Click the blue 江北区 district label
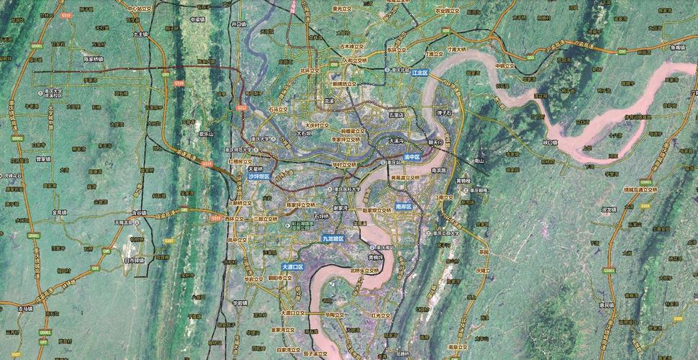point(420,73)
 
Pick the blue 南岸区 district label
point(404,206)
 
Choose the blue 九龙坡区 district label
point(333,238)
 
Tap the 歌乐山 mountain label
point(207,133)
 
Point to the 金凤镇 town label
point(59,212)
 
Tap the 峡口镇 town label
point(550,142)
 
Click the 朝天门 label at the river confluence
point(436,142)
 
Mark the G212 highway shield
point(242,107)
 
